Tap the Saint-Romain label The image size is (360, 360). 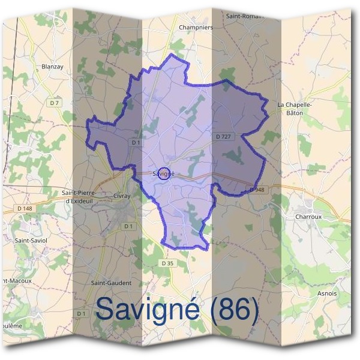coord(245,16)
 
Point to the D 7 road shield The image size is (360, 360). coord(55,103)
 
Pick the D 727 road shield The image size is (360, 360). coord(223,137)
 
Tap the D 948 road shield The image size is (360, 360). coord(256,190)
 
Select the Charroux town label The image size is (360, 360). coord(308,217)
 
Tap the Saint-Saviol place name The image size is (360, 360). coord(31,239)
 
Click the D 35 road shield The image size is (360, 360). coord(167,263)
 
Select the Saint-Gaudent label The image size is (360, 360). coord(110,283)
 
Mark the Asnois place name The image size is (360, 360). coord(326,293)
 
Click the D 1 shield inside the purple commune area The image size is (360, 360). coord(136,142)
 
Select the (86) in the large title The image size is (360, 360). coord(228,310)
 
